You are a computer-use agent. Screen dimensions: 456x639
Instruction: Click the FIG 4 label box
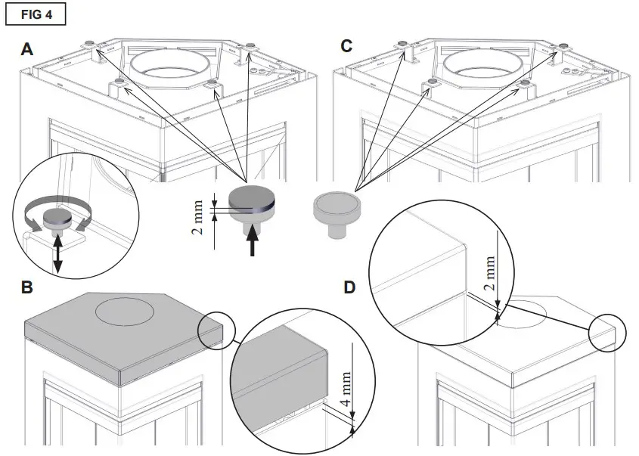click(35, 14)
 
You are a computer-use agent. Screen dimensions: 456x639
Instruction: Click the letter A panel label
click(27, 50)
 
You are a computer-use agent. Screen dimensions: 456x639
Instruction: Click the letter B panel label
click(27, 288)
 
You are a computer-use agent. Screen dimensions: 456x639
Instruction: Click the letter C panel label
click(346, 47)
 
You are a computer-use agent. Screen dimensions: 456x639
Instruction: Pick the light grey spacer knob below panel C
click(337, 207)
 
